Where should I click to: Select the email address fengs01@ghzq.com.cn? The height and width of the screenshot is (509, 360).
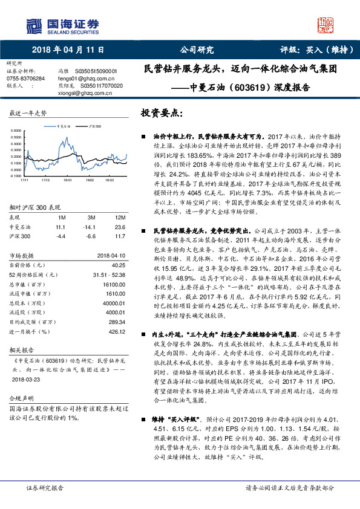coord(87,79)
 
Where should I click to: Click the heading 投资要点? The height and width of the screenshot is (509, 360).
coord(161,113)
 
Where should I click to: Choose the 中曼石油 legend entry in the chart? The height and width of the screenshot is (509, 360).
coord(62,127)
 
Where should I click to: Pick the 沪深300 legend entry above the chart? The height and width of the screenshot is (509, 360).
coord(94,127)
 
